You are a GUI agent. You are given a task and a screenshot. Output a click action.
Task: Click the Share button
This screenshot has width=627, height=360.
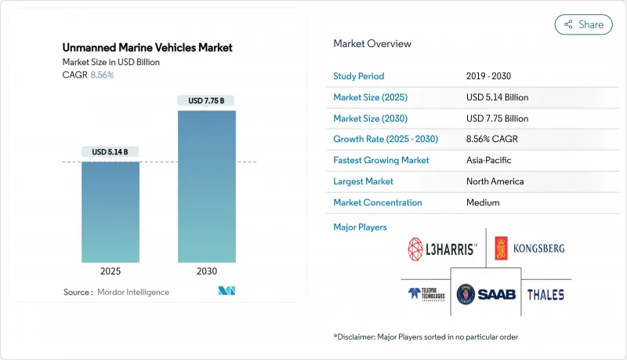coord(583,24)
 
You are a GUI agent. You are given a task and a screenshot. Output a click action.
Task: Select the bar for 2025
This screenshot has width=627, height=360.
coord(111,212)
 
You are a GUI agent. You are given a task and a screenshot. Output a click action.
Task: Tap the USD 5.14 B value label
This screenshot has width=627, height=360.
coord(111,151)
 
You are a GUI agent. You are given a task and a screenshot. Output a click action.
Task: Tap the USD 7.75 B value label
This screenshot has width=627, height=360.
coord(206,100)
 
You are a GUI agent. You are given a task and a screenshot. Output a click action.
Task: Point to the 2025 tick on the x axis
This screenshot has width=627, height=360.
coord(111,271)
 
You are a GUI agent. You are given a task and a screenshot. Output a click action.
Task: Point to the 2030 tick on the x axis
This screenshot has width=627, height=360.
coord(206,271)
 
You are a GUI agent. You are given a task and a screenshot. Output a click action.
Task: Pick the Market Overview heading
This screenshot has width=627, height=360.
coord(372,44)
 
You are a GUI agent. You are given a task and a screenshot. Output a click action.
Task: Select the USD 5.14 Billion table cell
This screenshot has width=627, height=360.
coord(497,97)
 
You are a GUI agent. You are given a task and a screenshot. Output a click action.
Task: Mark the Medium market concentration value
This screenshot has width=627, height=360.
coord(483,202)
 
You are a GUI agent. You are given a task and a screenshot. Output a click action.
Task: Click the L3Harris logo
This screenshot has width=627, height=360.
coord(441,249)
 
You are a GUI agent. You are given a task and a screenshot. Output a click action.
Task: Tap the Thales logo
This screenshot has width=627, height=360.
coord(545,295)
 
